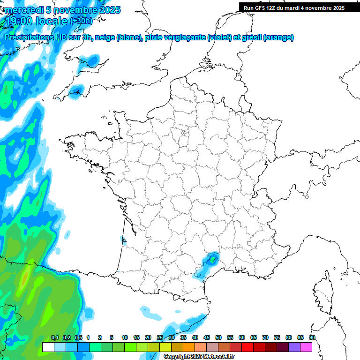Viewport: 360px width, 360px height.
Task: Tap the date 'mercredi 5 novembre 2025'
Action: tap(62, 10)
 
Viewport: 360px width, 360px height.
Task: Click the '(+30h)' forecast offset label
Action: tap(81, 21)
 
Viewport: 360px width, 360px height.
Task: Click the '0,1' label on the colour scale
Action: tap(55, 337)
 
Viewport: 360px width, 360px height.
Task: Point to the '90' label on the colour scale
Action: tap(312, 337)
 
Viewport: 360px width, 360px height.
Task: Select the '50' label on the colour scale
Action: tap(218, 337)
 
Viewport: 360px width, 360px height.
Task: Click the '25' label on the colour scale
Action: tap(160, 337)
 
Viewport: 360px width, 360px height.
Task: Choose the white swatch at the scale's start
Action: tap(48, 347)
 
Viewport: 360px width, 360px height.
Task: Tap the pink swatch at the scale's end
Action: tap(306, 347)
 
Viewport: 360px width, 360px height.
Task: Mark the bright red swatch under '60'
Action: tap(247, 347)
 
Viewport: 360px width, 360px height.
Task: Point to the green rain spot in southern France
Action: tap(212, 259)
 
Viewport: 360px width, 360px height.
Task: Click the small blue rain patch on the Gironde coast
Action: tap(125, 241)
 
